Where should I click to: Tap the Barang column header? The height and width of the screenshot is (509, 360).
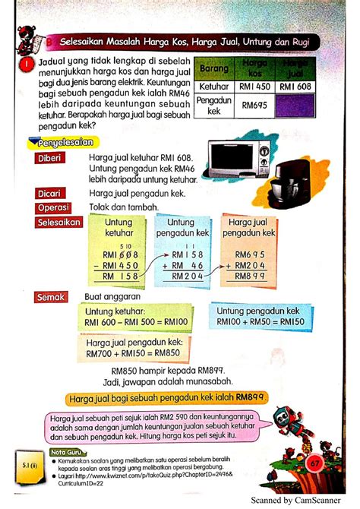[x=213, y=69]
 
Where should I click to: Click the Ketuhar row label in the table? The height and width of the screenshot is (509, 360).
[x=213, y=88]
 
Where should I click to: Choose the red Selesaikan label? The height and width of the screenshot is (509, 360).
[x=57, y=222]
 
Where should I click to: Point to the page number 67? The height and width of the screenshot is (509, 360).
[x=315, y=462]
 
